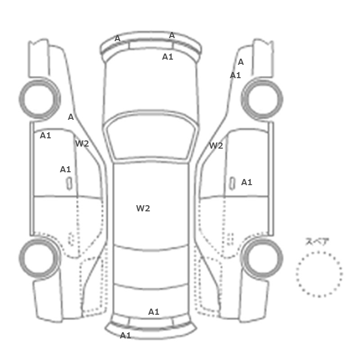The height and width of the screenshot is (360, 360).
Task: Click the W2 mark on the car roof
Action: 143,208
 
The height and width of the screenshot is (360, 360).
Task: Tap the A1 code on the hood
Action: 167,57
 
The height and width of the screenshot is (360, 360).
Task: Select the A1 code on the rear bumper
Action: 125,335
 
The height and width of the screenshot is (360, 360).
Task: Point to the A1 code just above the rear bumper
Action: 154,312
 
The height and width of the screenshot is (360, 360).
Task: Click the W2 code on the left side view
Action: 82,143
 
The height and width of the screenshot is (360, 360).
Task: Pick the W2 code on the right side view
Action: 216,146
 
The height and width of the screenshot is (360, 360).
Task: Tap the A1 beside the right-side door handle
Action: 246,182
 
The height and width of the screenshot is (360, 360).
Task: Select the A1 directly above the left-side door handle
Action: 65,169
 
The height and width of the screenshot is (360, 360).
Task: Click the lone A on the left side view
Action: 71,117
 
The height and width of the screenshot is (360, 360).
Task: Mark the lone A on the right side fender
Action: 241,62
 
